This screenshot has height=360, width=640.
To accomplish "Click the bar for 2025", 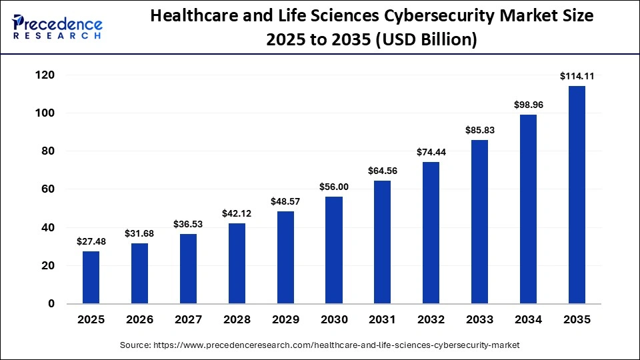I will point(91,277).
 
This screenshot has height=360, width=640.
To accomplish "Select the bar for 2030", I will point(334,250).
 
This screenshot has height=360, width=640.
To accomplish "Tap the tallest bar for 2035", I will point(577,195).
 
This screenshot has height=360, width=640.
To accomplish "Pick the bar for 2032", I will point(431,233).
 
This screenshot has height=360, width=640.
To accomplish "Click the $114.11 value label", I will point(577,77).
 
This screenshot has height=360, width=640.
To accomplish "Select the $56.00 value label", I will point(334,187).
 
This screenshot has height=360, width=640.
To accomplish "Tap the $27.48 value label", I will point(91,242).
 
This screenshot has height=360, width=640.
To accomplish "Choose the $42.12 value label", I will point(237,214).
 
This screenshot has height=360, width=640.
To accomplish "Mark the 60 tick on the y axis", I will point(47,189).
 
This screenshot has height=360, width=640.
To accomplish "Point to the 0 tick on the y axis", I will point(51,304).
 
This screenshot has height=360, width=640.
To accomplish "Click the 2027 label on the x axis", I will point(188,320).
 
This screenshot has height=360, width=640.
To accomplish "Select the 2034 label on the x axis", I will point(528,320).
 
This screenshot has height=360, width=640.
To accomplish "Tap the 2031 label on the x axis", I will point(383,320).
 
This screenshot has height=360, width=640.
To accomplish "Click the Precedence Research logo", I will point(57,27).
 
